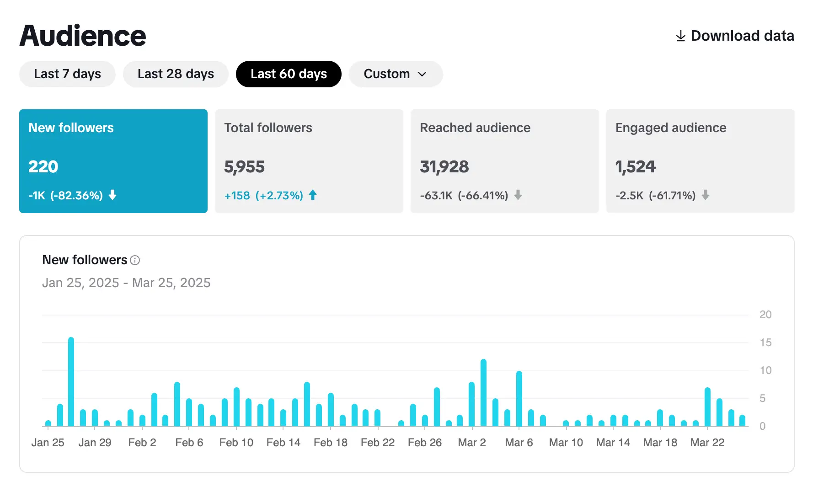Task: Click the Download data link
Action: [735, 36]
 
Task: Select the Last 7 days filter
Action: [67, 74]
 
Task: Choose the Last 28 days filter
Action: [176, 74]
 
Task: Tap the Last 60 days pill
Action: [289, 74]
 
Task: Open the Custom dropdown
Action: [396, 74]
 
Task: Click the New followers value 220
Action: [43, 166]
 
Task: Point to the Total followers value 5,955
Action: [244, 167]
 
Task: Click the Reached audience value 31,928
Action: [444, 167]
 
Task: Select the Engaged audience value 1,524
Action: [635, 167]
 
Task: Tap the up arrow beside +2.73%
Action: [313, 195]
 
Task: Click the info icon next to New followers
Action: [135, 260]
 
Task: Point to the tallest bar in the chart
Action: [71, 382]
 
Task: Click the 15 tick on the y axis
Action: [765, 342]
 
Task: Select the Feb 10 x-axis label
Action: [236, 443]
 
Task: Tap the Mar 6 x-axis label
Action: [519, 443]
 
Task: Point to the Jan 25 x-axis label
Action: [48, 443]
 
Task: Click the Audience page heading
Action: [83, 36]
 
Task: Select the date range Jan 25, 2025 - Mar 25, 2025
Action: [126, 283]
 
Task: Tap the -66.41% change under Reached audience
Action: [483, 196]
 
